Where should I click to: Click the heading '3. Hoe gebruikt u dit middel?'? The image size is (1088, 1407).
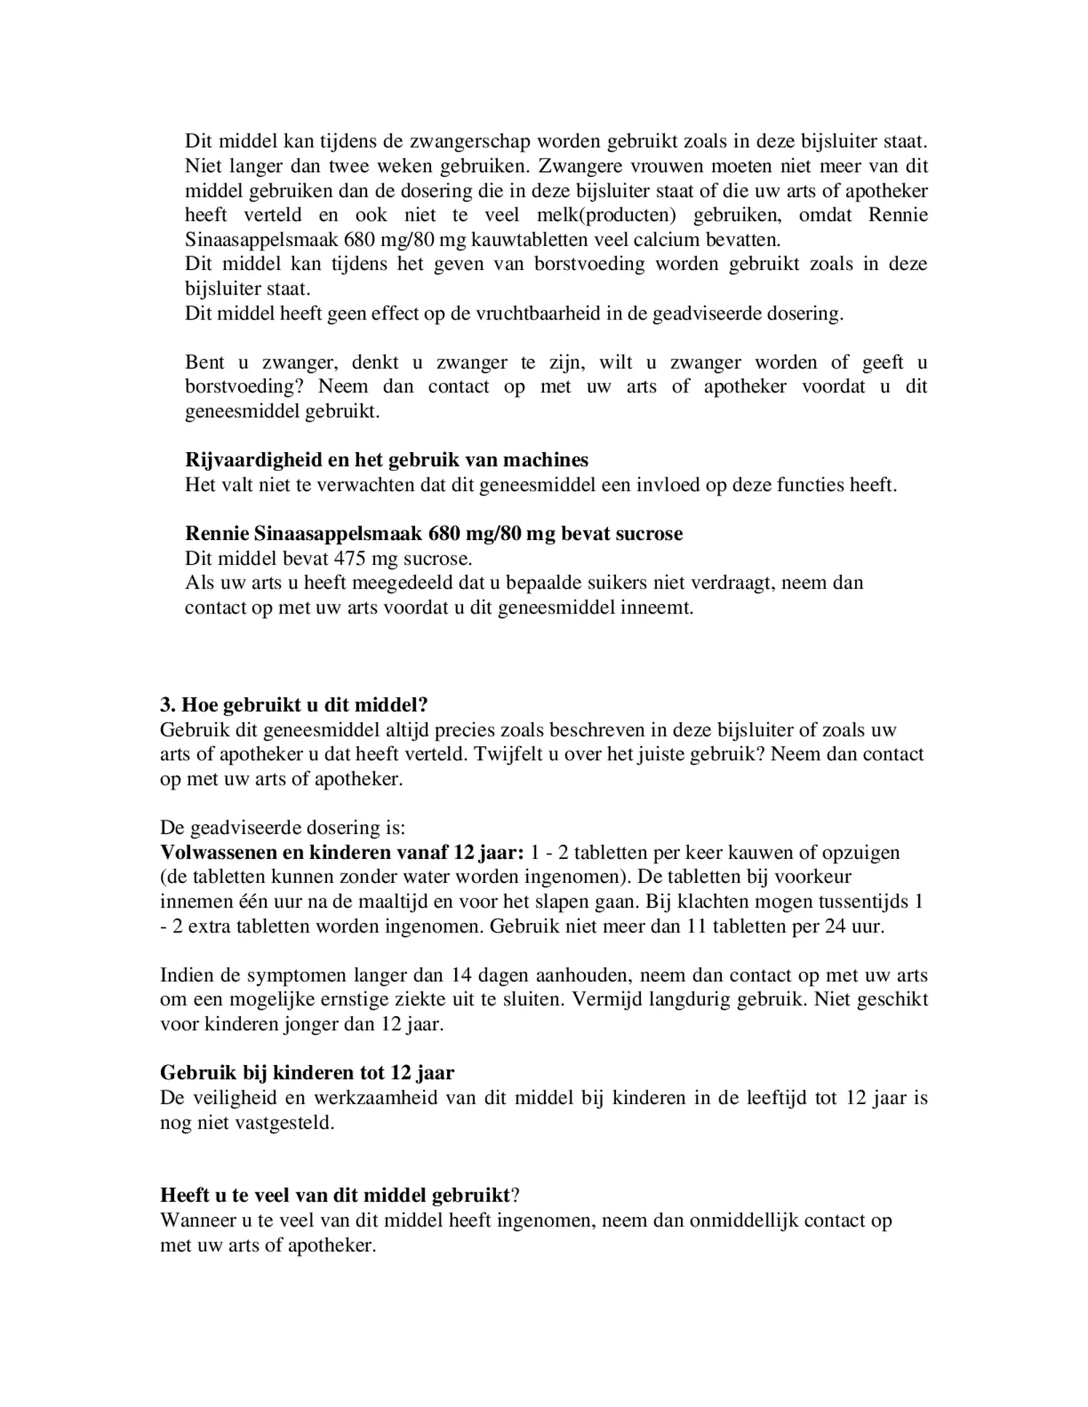293,705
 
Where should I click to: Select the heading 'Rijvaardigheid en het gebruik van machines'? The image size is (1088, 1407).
386,460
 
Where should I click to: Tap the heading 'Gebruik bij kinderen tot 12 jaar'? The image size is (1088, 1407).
307,1073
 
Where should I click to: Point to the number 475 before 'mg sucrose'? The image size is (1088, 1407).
350,558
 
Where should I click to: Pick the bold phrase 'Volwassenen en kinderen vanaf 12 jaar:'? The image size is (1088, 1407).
342,852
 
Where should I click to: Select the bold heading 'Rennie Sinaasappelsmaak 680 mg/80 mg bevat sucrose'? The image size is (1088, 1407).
433,534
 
